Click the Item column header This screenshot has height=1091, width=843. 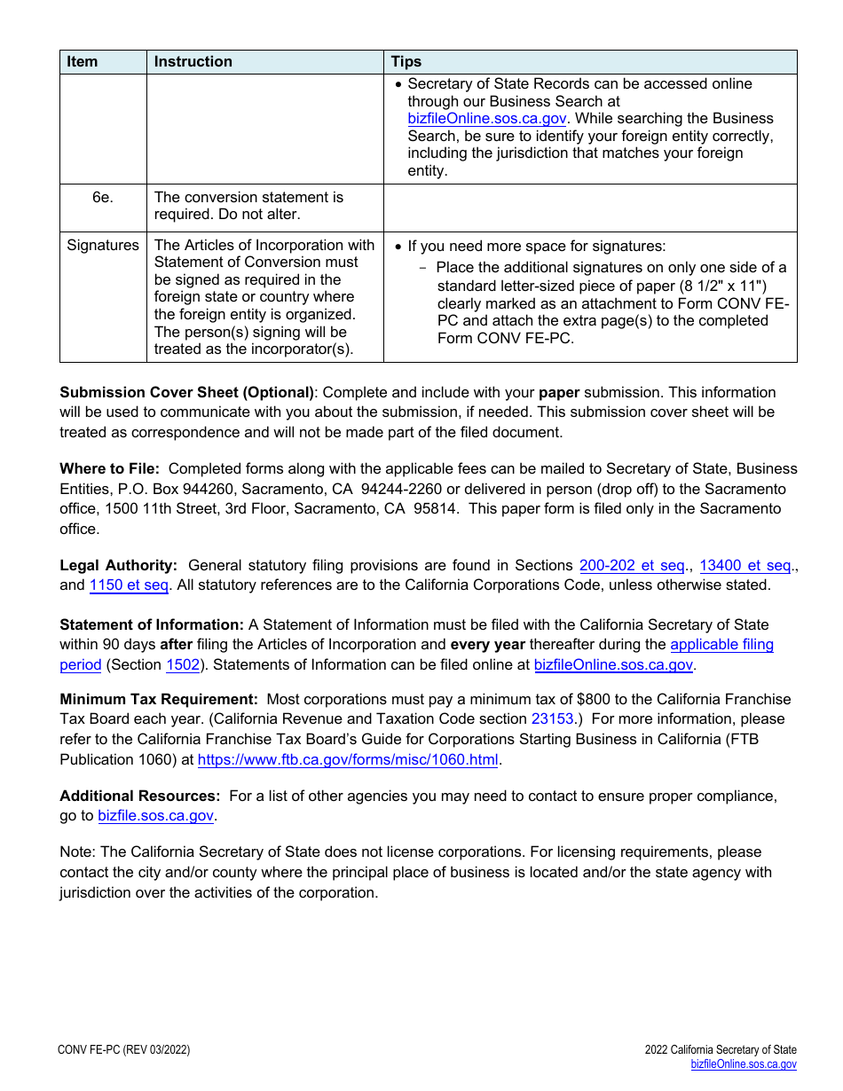coord(83,61)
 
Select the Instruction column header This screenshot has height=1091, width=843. coord(193,61)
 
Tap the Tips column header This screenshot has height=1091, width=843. coord(406,61)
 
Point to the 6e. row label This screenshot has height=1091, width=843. coord(103,197)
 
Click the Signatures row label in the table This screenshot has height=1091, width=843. coord(103,245)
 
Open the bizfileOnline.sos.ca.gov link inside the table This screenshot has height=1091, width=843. coord(486,118)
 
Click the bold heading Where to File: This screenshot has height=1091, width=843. coord(109,468)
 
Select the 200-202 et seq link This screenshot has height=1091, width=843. coord(632,565)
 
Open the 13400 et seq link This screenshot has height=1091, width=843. coord(745,565)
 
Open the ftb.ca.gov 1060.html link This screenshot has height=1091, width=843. coord(348,759)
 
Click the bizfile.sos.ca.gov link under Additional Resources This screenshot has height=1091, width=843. coord(155,815)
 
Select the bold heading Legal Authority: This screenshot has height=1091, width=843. coord(118,565)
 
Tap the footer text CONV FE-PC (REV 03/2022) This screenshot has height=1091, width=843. coord(123,1050)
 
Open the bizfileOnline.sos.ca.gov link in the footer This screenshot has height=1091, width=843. coord(744,1064)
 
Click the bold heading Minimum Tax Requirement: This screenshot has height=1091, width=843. coord(159,699)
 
